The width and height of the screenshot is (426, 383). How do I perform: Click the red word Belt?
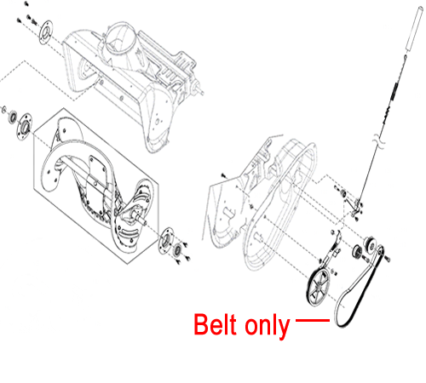(215, 324)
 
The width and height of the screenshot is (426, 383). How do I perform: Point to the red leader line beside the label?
(313, 320)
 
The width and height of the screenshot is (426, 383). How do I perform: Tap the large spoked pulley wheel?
(318, 287)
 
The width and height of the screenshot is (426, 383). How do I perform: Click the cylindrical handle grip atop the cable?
(413, 29)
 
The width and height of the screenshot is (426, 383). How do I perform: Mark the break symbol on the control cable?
(381, 141)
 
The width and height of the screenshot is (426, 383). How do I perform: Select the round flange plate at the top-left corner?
(45, 32)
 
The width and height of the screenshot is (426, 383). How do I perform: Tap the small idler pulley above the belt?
(370, 243)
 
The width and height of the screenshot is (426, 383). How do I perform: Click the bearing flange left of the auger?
(25, 126)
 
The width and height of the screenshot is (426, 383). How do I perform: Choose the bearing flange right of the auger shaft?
(165, 241)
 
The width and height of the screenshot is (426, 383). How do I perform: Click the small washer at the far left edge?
(4, 110)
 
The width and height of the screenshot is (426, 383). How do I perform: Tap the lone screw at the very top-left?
(26, 4)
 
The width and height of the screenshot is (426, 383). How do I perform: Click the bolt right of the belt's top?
(388, 258)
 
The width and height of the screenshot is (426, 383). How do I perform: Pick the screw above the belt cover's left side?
(224, 176)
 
